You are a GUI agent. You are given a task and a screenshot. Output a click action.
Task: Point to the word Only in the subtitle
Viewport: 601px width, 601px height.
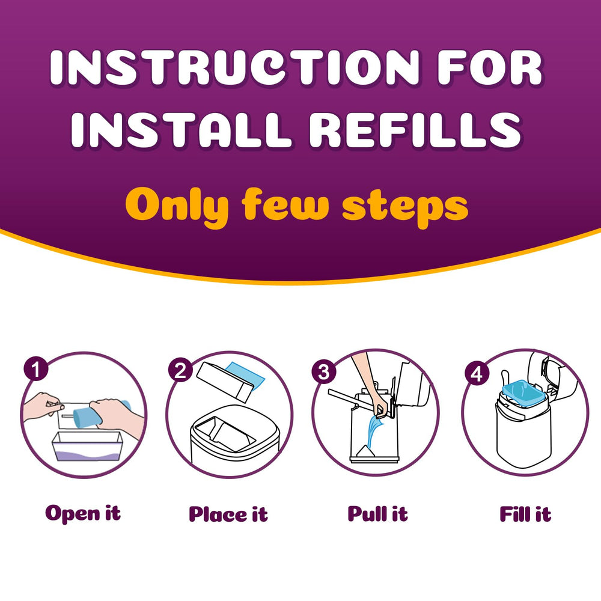178,206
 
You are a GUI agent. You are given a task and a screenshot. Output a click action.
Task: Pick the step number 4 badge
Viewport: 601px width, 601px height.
477,373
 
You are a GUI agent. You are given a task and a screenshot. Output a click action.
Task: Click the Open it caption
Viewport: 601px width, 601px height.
83,514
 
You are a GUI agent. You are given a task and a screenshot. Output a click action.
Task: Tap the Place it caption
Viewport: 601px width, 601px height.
228,514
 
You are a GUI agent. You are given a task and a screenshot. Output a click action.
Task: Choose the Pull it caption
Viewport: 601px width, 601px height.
377,514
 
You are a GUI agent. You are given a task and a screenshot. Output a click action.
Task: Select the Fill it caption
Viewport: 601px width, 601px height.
525,514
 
